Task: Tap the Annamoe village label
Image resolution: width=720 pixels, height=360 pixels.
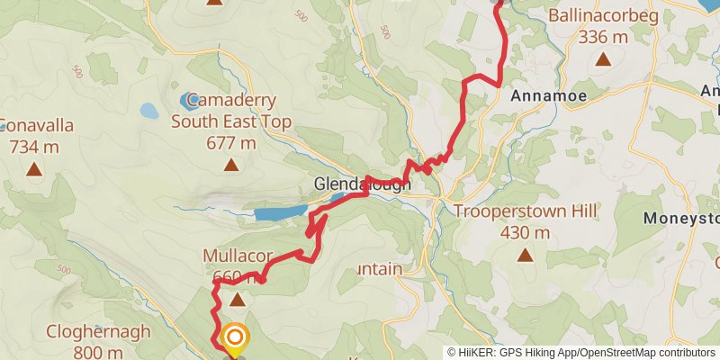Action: (548, 94)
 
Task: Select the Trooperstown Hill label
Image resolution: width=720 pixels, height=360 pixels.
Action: (526, 212)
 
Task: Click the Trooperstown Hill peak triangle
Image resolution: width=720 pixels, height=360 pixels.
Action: (525, 255)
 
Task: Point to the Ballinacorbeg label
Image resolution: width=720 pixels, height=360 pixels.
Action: (603, 16)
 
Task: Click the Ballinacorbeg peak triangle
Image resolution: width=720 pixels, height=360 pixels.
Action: (602, 60)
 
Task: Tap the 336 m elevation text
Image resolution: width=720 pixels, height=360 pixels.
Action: (603, 37)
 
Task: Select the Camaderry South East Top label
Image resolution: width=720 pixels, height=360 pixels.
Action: (231, 110)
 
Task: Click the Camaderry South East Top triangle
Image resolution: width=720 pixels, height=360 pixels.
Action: (231, 164)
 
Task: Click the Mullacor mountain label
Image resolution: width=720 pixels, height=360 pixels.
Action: (237, 256)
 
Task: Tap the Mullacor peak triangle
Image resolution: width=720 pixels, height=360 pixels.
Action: (237, 299)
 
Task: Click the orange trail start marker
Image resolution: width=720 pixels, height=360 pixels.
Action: (234, 338)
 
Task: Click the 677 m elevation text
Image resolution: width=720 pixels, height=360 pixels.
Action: (231, 143)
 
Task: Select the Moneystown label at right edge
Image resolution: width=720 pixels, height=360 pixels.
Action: (682, 219)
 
